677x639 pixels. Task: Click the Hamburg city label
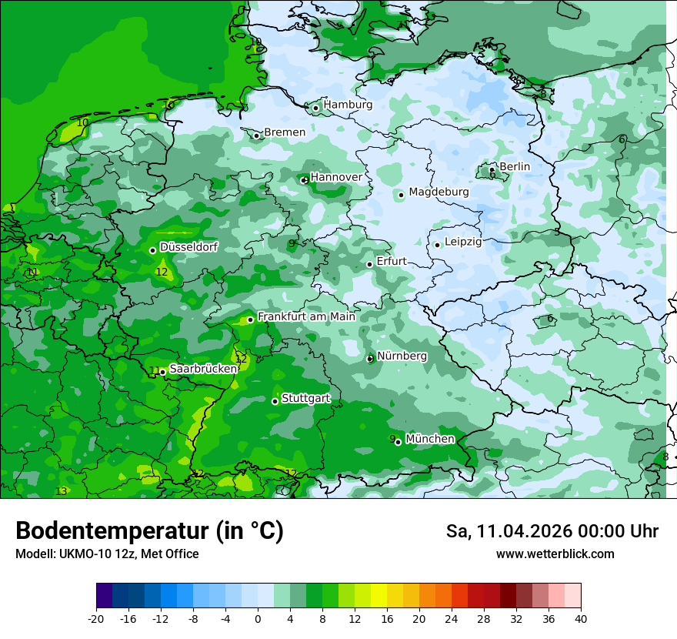[348, 105]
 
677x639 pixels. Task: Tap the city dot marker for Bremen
[257, 135]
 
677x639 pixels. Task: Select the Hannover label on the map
[336, 177]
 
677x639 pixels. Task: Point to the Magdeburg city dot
[401, 195]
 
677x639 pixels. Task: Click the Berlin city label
[515, 166]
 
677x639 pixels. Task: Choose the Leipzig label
[463, 242]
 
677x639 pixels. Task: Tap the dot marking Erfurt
[370, 264]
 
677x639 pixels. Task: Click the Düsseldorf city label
[188, 247]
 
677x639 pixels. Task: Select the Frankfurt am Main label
[306, 316]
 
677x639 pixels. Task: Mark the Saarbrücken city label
[203, 369]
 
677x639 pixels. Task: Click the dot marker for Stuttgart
[275, 401]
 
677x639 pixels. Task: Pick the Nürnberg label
[402, 356]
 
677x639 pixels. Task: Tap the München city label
[430, 439]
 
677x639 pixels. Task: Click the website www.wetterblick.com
[555, 554]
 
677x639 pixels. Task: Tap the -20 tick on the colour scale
[96, 619]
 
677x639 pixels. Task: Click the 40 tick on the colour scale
[581, 619]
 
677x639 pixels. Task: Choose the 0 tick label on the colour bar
[258, 619]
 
